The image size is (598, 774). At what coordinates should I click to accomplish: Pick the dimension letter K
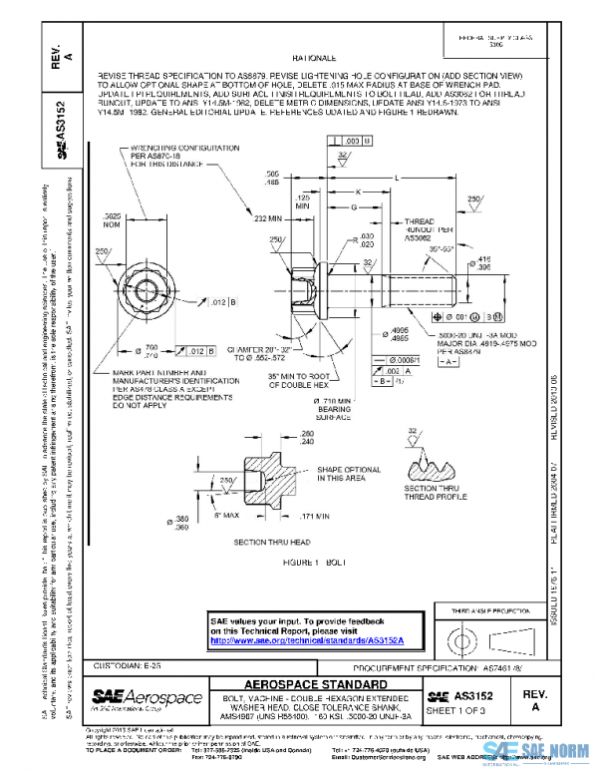(357, 192)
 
